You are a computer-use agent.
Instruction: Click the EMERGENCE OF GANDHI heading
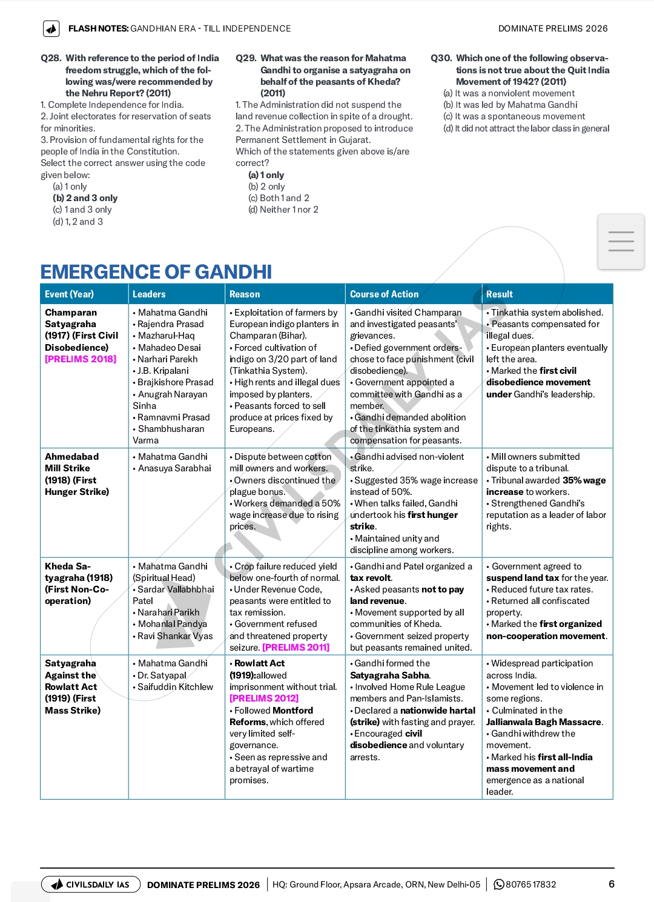[156, 272]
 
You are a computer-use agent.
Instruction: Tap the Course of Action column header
[384, 294]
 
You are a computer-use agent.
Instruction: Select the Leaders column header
[149, 294]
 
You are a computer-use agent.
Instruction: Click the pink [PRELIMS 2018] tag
[81, 359]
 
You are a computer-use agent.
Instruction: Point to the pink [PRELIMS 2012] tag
[264, 698]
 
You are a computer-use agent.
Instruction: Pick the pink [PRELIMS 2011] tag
[296, 648]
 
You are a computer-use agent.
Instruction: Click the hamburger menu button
[621, 241]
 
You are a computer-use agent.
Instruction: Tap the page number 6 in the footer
[612, 884]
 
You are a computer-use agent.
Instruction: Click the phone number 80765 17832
[530, 884]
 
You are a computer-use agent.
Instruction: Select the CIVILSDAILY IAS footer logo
[91, 884]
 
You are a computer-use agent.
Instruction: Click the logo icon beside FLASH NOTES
[51, 28]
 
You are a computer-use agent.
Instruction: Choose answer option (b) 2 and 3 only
[85, 198]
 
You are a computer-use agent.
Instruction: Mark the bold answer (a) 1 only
[266, 175]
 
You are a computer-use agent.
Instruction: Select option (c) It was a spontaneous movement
[514, 116]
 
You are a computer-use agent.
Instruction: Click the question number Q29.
[245, 58]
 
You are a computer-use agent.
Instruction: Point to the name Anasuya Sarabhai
[174, 468]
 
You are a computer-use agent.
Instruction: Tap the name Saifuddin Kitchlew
[175, 687]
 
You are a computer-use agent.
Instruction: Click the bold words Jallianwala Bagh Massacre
[544, 722]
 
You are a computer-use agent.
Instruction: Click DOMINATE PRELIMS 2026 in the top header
[553, 28]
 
